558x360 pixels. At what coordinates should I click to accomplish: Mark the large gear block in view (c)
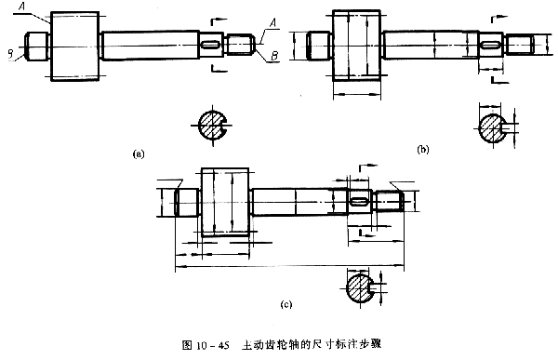[223, 203]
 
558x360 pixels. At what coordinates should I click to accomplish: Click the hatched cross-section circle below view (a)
[214, 124]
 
